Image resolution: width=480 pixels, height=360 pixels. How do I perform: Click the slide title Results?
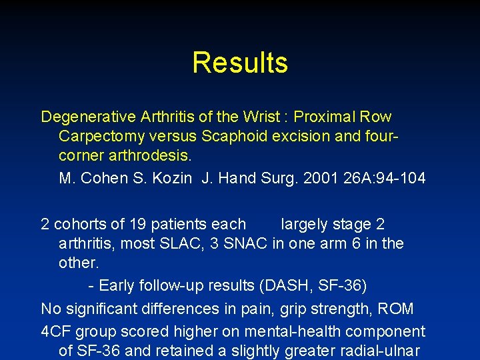240,63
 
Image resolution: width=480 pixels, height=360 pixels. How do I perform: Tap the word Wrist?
263,117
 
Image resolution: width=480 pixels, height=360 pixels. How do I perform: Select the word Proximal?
324,117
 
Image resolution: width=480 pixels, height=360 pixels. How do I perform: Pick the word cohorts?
79,225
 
